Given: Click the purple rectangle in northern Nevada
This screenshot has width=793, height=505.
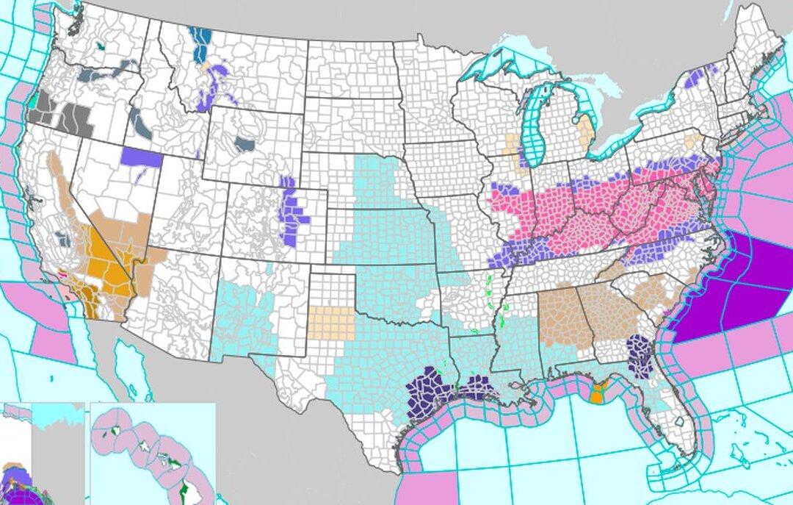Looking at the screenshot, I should pyautogui.click(x=142, y=157).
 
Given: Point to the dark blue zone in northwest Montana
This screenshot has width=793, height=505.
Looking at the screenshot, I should pyautogui.click(x=199, y=44).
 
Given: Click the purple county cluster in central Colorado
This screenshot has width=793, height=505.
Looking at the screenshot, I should pyautogui.click(x=294, y=213).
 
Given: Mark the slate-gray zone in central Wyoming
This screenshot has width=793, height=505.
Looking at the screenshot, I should pyautogui.click(x=245, y=144).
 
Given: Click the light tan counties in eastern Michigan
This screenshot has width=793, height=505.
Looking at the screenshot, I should pyautogui.click(x=584, y=129).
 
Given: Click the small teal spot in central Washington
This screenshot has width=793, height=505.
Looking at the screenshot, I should pyautogui.click(x=99, y=46).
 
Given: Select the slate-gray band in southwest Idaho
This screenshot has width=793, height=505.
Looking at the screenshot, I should pyautogui.click(x=140, y=121).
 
